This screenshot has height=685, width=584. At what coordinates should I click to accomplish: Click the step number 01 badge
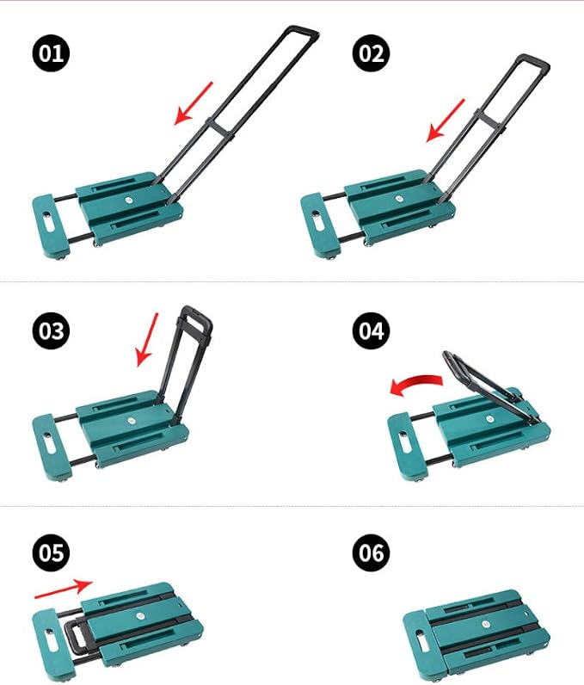51,53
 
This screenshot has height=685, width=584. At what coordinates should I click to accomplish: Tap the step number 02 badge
371,53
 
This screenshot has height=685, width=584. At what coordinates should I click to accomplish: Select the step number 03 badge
51,330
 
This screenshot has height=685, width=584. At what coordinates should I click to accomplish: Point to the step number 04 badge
371,330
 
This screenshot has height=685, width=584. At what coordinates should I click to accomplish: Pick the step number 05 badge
51,552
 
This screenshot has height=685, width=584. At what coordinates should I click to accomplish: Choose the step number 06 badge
371,552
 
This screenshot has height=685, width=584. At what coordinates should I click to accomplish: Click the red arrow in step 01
194,103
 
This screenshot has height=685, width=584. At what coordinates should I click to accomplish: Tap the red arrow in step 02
446,120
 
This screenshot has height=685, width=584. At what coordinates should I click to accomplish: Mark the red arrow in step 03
148,339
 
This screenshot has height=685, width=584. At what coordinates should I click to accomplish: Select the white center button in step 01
129,200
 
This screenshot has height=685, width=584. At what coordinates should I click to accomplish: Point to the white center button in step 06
486,624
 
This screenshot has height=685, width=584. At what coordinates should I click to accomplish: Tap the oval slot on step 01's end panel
49,223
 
